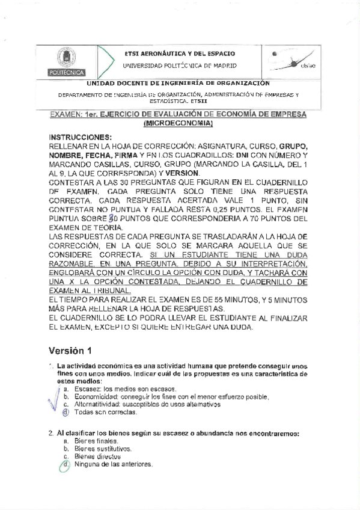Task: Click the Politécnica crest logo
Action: (66, 61)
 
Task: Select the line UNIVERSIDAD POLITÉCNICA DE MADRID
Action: (180, 66)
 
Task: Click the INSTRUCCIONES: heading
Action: (80, 137)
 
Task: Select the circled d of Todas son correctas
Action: (66, 413)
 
